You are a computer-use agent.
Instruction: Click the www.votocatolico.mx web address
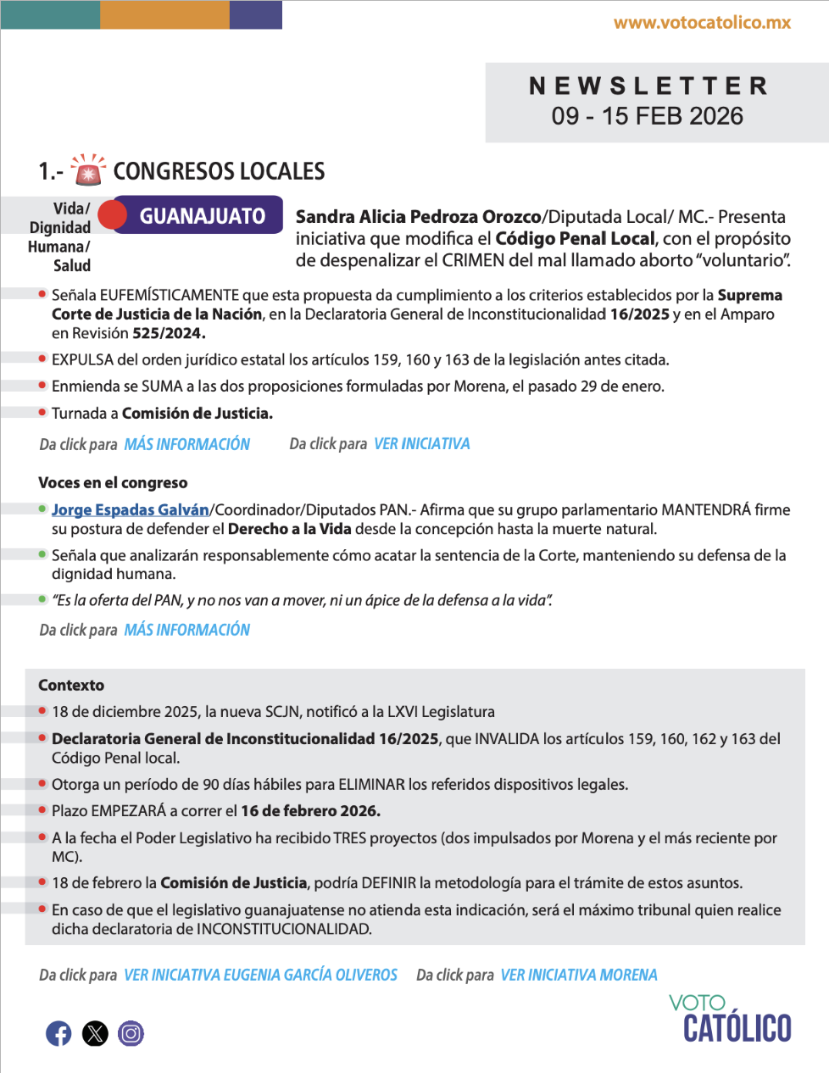702,23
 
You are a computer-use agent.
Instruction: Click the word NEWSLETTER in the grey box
648,86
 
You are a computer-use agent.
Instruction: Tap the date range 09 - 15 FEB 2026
648,116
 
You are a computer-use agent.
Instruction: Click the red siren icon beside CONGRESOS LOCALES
87,170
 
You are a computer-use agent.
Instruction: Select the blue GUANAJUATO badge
202,216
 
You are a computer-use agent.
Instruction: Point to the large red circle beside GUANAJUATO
112,215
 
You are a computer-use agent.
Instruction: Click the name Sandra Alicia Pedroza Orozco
418,217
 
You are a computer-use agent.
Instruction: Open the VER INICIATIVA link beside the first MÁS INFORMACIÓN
421,444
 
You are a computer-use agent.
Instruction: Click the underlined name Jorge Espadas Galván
130,509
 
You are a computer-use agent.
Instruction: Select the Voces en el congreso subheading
113,483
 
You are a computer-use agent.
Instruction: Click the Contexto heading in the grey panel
71,685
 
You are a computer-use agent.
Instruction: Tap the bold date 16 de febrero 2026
310,811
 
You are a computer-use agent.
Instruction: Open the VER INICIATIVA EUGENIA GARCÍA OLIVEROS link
260,976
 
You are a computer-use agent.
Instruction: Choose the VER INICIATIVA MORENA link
578,976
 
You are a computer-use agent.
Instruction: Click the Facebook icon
58,1033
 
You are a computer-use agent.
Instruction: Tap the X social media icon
95,1033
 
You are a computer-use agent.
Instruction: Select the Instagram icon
131,1033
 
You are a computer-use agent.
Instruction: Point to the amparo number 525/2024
168,333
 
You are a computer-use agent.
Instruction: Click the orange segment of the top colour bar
164,14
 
